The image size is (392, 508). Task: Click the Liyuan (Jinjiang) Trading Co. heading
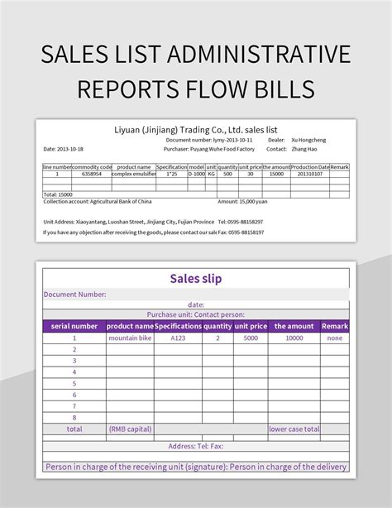click(195, 130)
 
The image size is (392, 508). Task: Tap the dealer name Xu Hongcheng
click(308, 140)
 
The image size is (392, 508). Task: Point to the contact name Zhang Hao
click(303, 149)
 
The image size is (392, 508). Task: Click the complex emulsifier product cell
click(132, 174)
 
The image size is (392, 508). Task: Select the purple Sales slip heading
click(195, 279)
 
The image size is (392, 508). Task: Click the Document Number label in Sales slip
click(75, 294)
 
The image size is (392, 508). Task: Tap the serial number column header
click(74, 326)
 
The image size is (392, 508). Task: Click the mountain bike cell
click(131, 338)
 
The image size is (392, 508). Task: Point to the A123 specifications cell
click(179, 338)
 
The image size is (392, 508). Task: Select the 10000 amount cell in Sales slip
click(294, 338)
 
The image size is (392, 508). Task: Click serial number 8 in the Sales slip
click(74, 418)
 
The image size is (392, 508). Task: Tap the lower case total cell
click(294, 429)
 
